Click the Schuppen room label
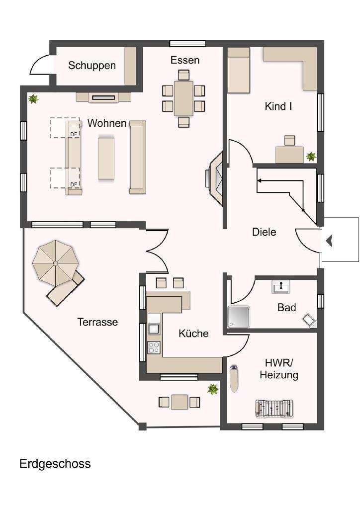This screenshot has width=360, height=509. [92, 65]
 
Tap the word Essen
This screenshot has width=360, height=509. [184, 60]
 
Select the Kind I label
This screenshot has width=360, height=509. [278, 106]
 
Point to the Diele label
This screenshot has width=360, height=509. [264, 232]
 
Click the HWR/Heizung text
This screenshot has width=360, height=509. [278, 369]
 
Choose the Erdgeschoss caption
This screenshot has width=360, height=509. [55, 464]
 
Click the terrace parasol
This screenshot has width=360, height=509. [53, 261]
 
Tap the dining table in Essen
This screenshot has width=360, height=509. [183, 98]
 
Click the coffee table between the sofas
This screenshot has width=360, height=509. [107, 158]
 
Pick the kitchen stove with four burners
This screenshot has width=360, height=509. [154, 347]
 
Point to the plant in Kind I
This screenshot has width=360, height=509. [311, 157]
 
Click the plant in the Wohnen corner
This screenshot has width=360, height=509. [33, 99]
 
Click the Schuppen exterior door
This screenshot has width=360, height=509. [39, 65]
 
